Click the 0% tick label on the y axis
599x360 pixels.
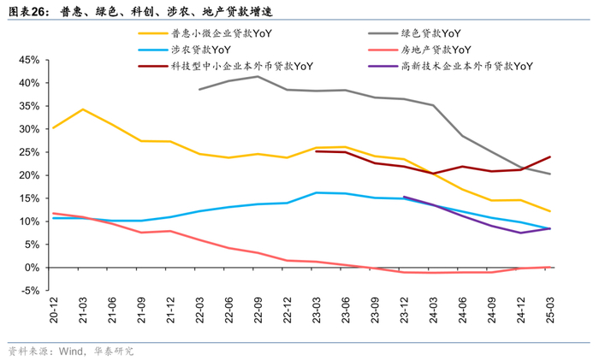[x=33, y=268]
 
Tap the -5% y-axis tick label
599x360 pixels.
[x=32, y=291]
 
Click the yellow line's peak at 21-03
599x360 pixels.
[x=82, y=109]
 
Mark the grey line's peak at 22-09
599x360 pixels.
[x=258, y=76]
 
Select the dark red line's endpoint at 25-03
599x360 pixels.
[x=549, y=157]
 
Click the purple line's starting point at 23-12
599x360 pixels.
[x=403, y=197]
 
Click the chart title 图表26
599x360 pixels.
[x=27, y=9]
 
